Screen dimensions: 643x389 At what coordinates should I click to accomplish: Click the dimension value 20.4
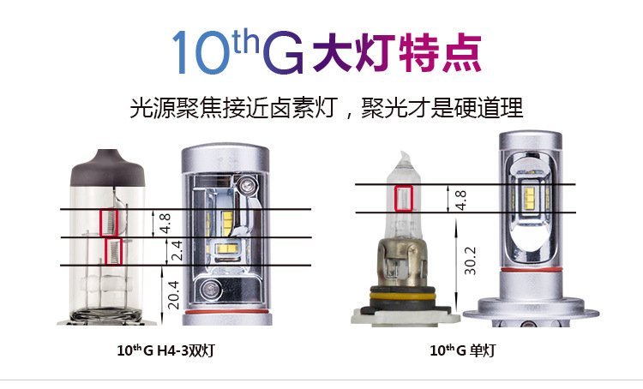[173, 295]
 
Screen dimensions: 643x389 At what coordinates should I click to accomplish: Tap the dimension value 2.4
[176, 250]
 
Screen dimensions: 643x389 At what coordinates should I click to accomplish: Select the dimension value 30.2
[470, 260]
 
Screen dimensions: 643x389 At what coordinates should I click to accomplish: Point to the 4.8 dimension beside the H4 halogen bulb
[165, 224]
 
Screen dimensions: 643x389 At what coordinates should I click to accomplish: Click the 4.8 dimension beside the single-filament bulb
[460, 200]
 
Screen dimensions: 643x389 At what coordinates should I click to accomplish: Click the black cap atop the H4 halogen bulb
[108, 169]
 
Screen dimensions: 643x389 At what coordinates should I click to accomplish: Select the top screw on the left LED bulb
[248, 186]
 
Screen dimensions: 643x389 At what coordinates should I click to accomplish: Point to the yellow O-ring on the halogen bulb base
[402, 296]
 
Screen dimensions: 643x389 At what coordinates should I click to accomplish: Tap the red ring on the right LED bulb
[531, 270]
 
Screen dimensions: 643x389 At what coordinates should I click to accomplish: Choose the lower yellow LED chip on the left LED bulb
[228, 248]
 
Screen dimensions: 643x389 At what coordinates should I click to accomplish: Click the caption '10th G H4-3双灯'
[166, 350]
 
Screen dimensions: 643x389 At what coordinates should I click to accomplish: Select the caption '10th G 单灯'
[463, 350]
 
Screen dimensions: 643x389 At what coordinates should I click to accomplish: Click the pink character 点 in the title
[462, 53]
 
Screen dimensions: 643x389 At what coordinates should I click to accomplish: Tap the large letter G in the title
[284, 53]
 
